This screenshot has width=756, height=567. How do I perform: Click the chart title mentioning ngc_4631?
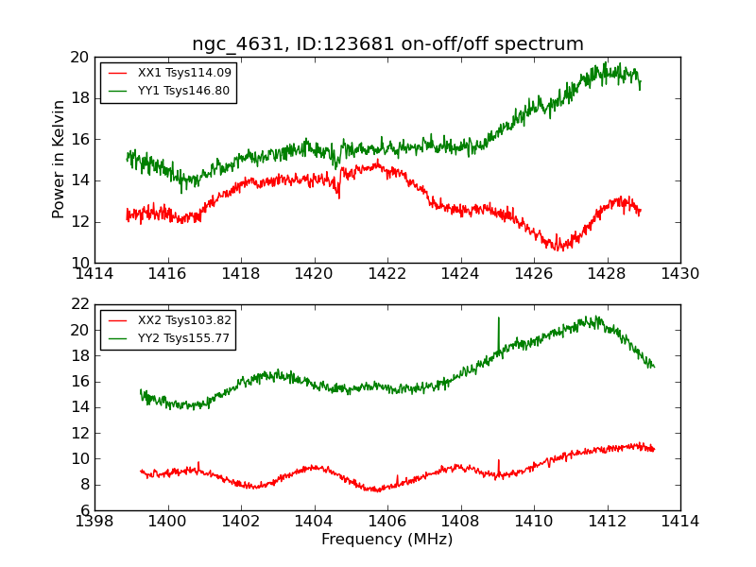387,44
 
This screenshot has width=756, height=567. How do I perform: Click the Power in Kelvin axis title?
60,159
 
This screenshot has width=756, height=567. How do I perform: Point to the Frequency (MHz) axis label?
387,540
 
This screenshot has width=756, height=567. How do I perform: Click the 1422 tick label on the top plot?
387,274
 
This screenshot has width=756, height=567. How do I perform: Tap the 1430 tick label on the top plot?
679,274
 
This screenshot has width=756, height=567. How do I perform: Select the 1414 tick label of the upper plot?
94,274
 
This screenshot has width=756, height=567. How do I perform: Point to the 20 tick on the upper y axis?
79,58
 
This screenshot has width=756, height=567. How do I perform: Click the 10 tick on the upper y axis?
79,263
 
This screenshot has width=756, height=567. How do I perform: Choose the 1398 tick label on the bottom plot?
94,522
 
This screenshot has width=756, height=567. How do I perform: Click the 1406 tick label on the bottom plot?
387,522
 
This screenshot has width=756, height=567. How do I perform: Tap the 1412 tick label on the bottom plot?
607,522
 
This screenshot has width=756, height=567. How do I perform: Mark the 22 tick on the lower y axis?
79,304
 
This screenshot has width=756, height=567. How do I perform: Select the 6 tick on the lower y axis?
83,510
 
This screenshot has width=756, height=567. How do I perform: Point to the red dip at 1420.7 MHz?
339,195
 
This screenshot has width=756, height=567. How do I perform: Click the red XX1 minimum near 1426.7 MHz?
558,249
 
